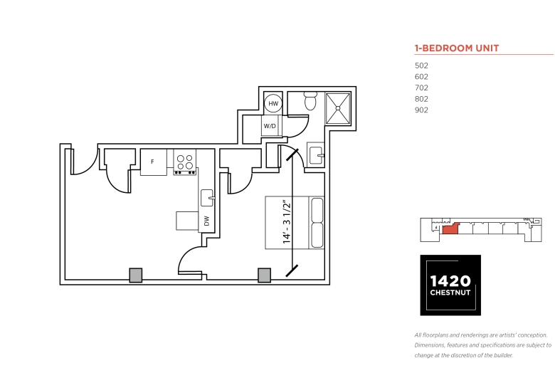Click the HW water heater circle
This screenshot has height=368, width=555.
click(x=273, y=103)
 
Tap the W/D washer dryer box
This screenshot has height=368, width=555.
click(x=270, y=126)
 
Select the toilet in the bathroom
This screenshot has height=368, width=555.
click(x=310, y=100)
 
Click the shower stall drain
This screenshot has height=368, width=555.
click(x=338, y=108)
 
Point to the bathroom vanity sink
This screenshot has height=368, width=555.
click(x=316, y=155)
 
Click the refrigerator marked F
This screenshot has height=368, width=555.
click(x=153, y=162)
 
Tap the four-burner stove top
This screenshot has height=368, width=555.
click(x=185, y=162)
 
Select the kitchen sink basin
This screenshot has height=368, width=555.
click(x=207, y=198)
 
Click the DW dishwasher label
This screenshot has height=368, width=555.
click(x=207, y=221)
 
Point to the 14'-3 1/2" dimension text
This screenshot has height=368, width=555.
click(x=287, y=222)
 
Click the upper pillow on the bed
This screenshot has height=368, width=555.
click(x=317, y=210)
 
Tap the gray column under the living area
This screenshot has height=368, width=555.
click(x=136, y=275)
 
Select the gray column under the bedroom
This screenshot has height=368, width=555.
click(x=265, y=275)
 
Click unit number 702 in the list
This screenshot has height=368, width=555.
click(x=421, y=88)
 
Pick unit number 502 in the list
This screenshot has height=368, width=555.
click(x=421, y=65)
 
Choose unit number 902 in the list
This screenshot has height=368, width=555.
click(x=421, y=110)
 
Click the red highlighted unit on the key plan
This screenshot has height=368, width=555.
click(x=450, y=228)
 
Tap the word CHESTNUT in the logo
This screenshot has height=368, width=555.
click(x=450, y=293)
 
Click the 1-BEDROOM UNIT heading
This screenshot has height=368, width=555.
click(x=457, y=48)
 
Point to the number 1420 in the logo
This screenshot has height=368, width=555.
click(x=450, y=281)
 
